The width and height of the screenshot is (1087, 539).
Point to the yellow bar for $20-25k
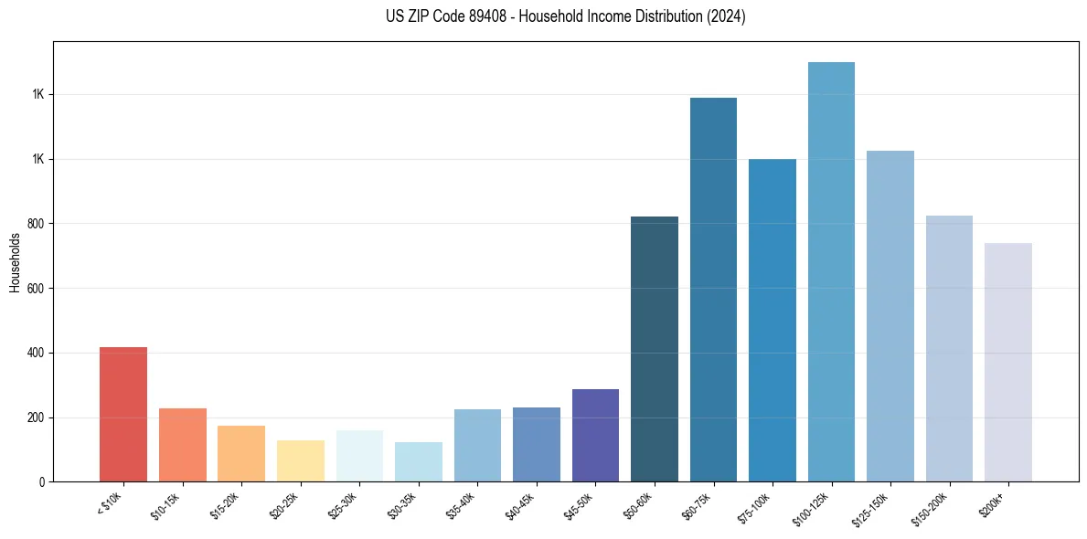coord(301,460)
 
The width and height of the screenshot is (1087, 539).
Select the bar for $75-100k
coord(773,320)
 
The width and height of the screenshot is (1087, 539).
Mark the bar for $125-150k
coord(890,316)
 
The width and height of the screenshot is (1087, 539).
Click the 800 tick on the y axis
coord(37,224)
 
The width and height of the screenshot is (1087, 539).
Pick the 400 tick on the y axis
coord(37,353)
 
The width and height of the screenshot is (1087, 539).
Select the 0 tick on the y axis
coord(42,481)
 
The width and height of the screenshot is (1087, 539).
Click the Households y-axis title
coord(15,261)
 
